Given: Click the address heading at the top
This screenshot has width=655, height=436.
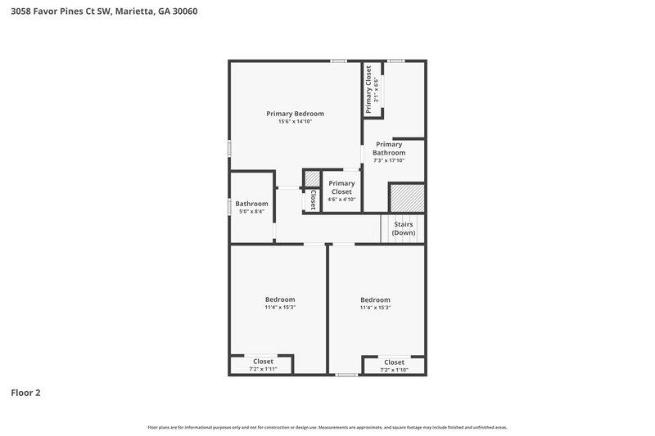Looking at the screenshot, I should [103, 12].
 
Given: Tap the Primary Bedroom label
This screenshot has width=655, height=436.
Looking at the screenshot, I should [296, 113].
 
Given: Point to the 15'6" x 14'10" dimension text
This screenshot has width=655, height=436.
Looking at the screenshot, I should [296, 122].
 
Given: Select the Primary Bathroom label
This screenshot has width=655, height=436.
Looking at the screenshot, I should [389, 148].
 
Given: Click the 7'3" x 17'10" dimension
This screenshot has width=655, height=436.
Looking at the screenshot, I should [389, 160].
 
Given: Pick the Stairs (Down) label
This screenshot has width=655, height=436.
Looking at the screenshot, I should [404, 227].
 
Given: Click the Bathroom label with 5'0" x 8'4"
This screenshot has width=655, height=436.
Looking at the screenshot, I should [251, 204].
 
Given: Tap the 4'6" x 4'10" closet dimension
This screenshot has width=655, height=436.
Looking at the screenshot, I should [342, 199].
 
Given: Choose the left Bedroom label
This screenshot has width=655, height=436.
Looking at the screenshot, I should [279, 299].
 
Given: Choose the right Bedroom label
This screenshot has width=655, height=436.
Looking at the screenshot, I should [375, 299].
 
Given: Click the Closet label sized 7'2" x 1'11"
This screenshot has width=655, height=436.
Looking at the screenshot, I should [263, 361].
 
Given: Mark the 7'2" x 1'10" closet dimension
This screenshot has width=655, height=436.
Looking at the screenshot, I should [394, 370].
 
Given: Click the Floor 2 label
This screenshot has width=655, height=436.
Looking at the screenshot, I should [25, 393].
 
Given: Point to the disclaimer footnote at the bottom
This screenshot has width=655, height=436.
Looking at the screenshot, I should [327, 427].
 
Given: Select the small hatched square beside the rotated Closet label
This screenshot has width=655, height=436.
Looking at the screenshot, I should [312, 179].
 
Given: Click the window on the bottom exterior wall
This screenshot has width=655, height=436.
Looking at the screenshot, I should [346, 375].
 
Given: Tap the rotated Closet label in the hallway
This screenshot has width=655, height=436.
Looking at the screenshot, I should [313, 200].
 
